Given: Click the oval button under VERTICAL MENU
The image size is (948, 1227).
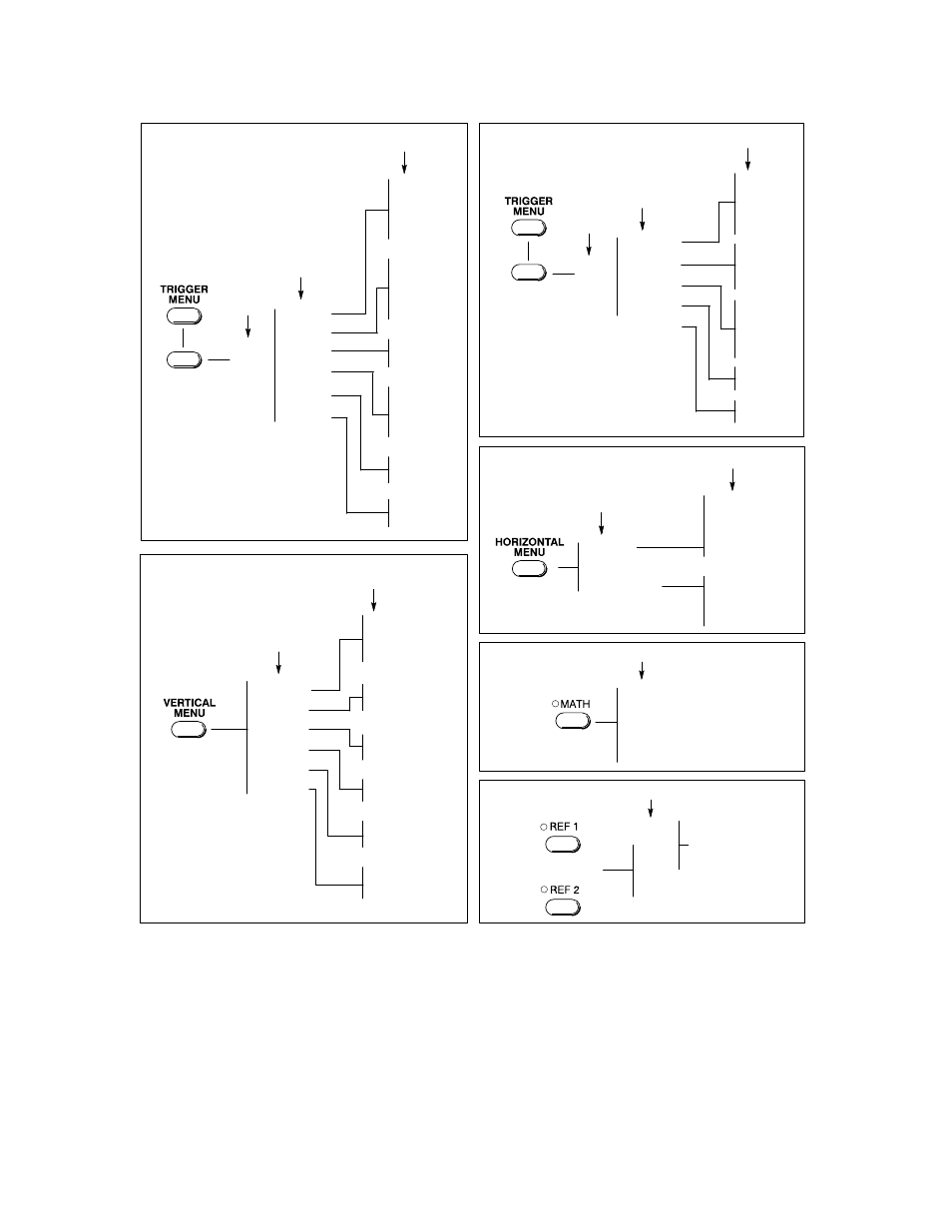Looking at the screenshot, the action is (x=189, y=730).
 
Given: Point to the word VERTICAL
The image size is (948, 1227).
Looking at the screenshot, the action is (x=190, y=703).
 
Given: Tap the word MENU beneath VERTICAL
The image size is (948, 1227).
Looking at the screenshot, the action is (x=190, y=713).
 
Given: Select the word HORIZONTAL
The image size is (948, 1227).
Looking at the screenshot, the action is (x=529, y=542).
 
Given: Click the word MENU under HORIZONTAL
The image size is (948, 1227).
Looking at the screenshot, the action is (x=529, y=552).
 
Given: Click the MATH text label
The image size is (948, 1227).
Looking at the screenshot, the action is (x=575, y=704).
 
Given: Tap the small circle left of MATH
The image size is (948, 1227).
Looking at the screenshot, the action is (x=555, y=704).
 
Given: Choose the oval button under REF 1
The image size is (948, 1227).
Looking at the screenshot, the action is (x=563, y=845).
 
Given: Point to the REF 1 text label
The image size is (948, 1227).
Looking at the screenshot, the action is (x=564, y=827).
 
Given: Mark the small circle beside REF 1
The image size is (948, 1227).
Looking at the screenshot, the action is (x=544, y=827).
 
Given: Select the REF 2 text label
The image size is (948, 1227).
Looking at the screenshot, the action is (x=564, y=890).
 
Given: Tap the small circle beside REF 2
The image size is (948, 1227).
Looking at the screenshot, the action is (x=544, y=890).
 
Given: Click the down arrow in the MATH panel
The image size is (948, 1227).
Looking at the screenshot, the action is (x=642, y=670).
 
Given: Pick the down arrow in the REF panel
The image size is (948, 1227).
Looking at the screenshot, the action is (x=651, y=809).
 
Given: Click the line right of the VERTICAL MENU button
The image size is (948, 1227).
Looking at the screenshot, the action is (x=230, y=730).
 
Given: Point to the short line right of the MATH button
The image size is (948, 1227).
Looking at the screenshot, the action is (x=606, y=722).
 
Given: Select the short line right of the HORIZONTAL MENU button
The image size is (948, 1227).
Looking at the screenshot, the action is (x=568, y=567).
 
